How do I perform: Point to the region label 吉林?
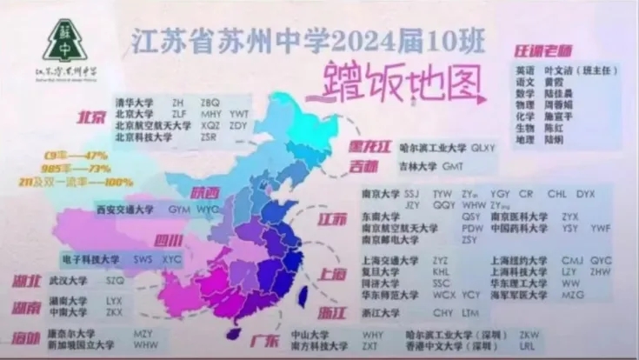click(363, 165)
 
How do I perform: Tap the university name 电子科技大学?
click(90, 259)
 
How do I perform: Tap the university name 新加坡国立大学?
click(81, 344)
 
